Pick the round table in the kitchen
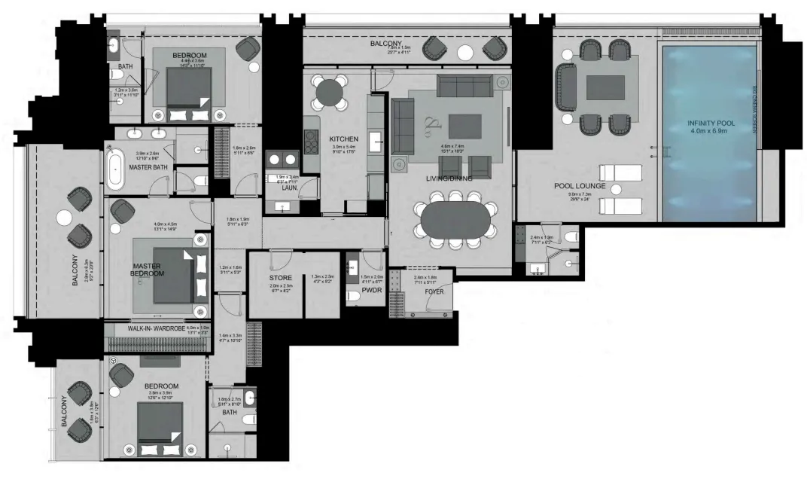329,92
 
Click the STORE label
280,278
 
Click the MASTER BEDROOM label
148,270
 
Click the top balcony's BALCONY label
385,44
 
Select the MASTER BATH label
148,167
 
